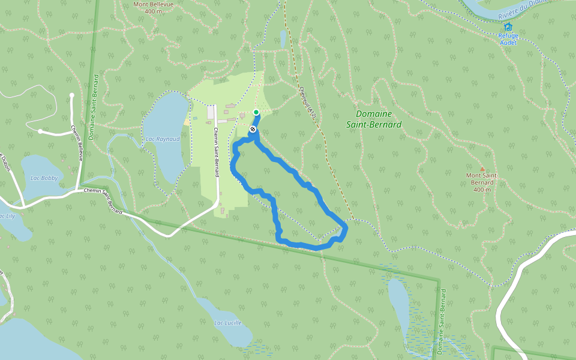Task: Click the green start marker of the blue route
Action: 256,112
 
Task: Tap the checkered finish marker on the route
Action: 253,128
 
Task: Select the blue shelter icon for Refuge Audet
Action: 508,26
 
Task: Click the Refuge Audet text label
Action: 508,39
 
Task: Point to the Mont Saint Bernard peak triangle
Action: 482,169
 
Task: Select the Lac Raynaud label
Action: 163,139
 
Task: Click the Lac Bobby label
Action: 44,178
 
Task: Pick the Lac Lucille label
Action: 228,323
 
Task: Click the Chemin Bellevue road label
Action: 77,143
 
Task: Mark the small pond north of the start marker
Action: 283,39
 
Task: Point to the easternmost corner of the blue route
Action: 346,227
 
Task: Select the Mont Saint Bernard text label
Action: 482,182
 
